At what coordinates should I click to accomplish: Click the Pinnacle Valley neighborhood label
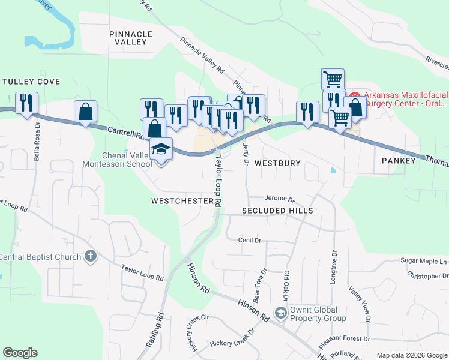131,38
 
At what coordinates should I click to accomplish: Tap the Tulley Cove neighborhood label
31,81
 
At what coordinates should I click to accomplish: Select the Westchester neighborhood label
182,201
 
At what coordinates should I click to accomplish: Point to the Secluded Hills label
277,211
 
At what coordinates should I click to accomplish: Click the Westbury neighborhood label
277,163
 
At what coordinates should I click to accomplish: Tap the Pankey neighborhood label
399,161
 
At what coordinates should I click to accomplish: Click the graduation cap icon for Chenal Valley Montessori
161,148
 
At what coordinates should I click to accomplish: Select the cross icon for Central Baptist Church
91,257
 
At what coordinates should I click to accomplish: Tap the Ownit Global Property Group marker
280,313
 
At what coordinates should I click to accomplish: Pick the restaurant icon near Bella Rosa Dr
26,103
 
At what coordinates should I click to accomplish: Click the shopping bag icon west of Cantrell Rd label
86,111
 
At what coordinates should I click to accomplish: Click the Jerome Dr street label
280,199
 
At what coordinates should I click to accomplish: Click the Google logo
20,353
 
